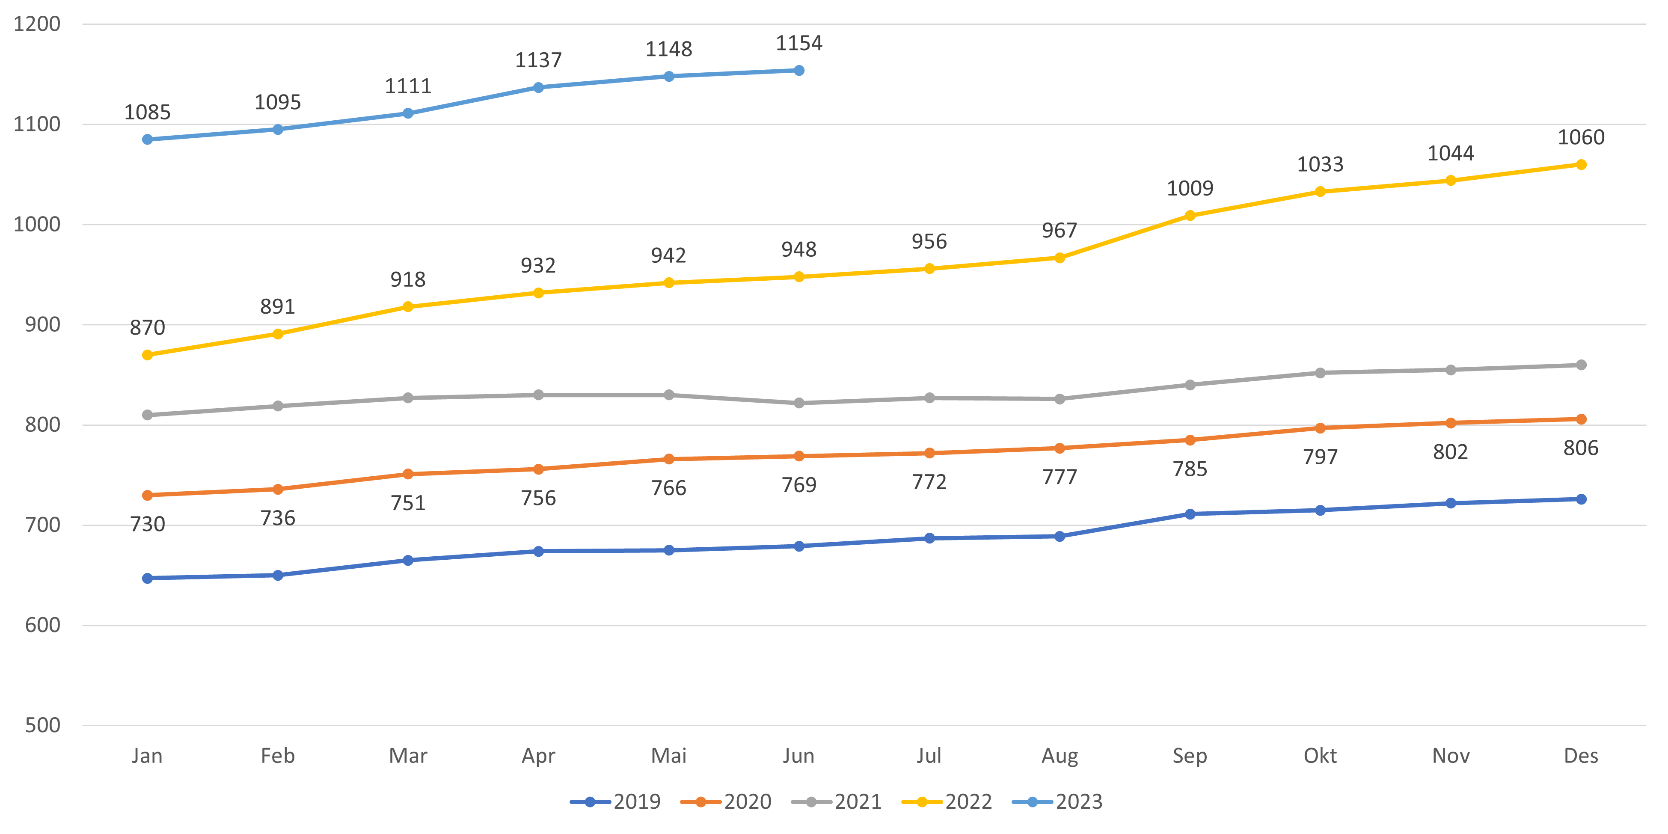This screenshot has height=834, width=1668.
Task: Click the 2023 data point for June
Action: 799,71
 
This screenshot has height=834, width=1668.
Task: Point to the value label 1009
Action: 1190,188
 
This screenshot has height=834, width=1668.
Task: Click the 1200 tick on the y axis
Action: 37,24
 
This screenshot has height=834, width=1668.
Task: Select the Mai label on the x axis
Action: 668,756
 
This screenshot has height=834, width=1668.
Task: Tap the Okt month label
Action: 1320,756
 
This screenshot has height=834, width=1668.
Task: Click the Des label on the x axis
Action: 1581,756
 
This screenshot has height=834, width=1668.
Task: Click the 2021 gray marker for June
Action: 799,403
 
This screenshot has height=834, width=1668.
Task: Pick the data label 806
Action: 1581,448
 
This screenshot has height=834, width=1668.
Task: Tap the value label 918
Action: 408,280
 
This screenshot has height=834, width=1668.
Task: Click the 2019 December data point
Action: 1581,499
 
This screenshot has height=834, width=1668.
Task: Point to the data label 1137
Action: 538,60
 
